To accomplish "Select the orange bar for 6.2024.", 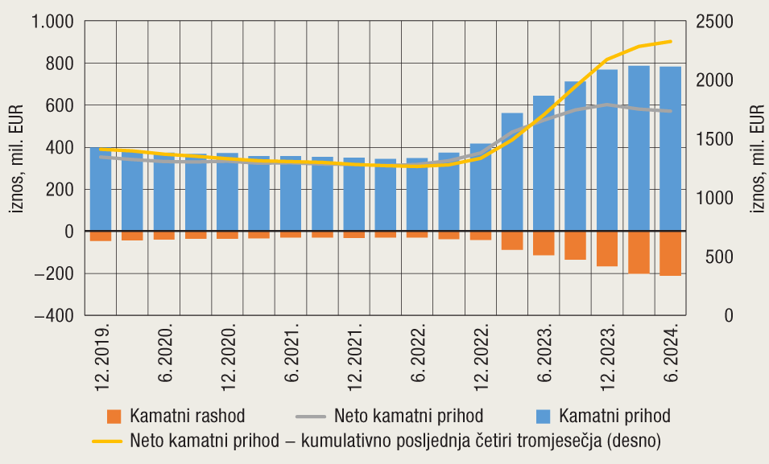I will pyautogui.click(x=670, y=253).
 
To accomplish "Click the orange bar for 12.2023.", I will pyautogui.click(x=607, y=248).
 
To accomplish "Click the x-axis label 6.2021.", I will pyautogui.click(x=291, y=355).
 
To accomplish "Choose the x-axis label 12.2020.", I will pyautogui.click(x=227, y=355).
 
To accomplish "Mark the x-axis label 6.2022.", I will pyautogui.click(x=417, y=355).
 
